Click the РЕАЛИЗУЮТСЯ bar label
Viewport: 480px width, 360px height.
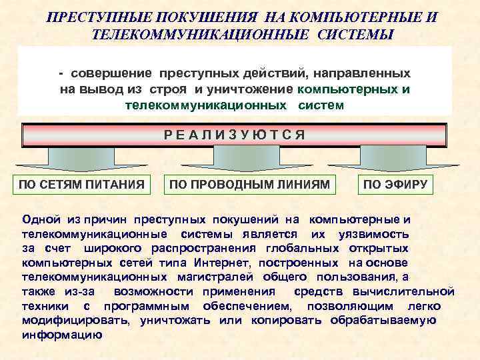pos(235,135)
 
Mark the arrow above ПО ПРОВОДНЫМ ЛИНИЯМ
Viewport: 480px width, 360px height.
pos(241,159)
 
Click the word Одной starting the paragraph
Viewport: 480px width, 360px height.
pos(42,219)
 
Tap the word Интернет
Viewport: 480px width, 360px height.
pos(216,263)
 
